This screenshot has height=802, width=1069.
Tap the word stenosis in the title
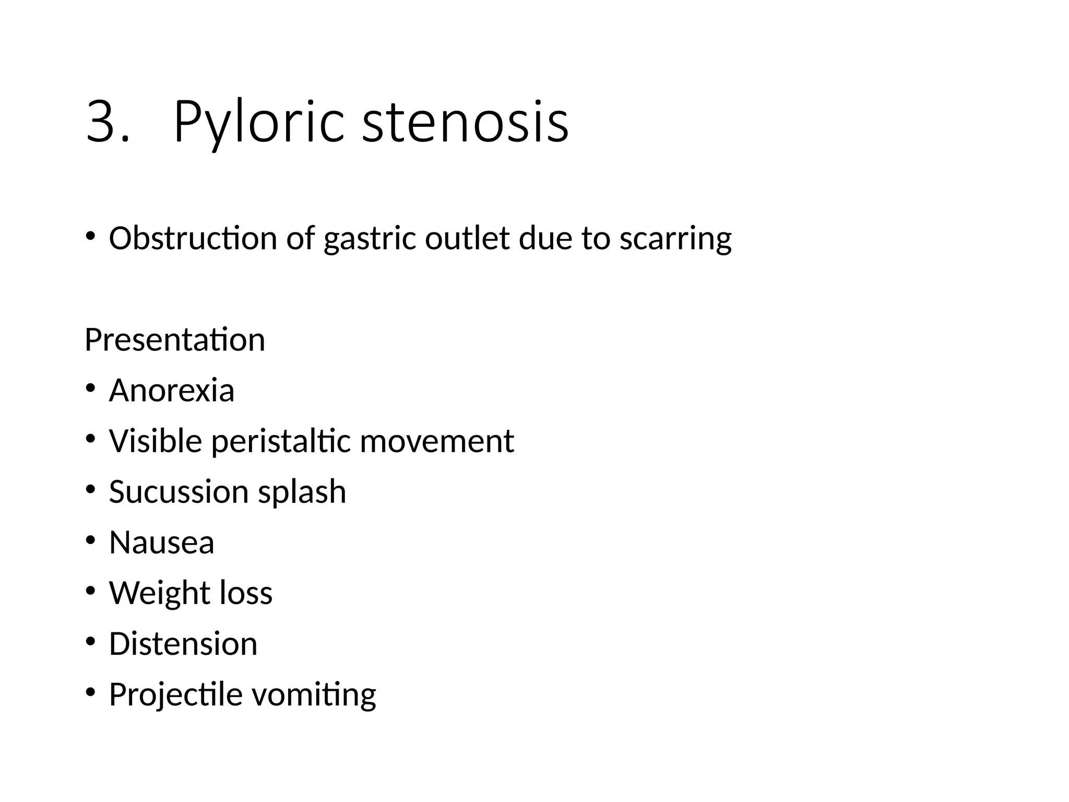465,123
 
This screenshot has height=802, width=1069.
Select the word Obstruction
193,238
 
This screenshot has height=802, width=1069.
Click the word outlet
467,238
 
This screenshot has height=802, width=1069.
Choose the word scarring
675,239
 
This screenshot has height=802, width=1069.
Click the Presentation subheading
175,340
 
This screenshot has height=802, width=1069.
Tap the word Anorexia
172,391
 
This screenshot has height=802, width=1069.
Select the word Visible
156,441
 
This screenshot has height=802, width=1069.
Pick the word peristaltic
281,442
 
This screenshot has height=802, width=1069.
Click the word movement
437,442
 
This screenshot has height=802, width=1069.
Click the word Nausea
162,542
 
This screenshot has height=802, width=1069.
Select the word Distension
183,644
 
